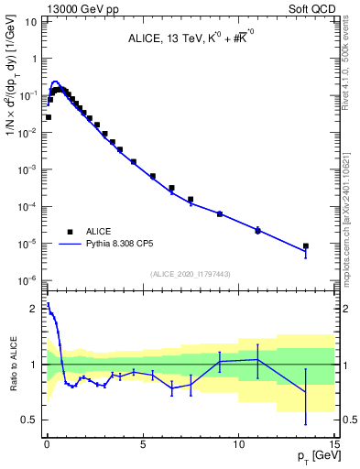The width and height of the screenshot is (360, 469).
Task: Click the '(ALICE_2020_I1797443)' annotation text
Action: (x=190, y=274)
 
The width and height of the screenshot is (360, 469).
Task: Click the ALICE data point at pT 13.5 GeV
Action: (x=306, y=246)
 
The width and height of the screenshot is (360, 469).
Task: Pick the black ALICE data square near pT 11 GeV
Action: (x=257, y=231)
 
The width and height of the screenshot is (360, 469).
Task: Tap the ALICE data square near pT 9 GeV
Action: (x=220, y=213)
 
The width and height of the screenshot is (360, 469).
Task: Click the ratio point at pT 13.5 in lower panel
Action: (x=306, y=392)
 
